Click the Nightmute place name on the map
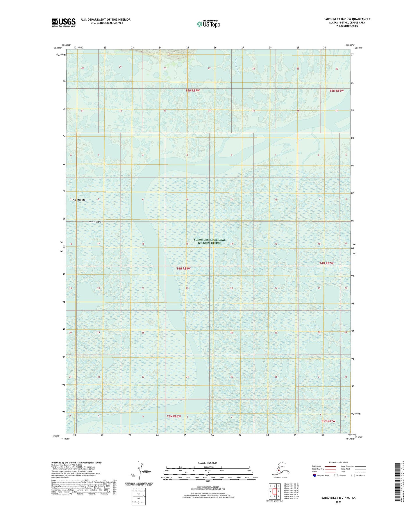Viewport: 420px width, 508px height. [79, 200]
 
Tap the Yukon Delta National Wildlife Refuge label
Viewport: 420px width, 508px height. [210, 241]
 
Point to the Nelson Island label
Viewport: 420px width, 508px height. [95, 222]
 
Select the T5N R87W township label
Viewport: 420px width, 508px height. [193, 90]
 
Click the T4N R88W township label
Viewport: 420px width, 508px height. [183, 269]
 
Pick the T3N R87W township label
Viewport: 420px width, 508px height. [328, 421]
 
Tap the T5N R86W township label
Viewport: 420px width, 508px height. [337, 91]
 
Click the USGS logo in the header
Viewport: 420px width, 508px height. [64, 22]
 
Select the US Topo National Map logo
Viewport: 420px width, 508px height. [208, 24]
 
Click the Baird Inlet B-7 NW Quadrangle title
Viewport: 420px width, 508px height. [347, 19]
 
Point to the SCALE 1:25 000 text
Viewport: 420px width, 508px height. [208, 463]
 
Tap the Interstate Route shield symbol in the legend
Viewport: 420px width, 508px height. [315, 475]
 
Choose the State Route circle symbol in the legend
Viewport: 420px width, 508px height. [353, 475]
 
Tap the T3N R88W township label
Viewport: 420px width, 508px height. [174, 416]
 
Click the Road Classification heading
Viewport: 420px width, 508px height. [338, 462]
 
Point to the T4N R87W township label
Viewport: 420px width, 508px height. [326, 263]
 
